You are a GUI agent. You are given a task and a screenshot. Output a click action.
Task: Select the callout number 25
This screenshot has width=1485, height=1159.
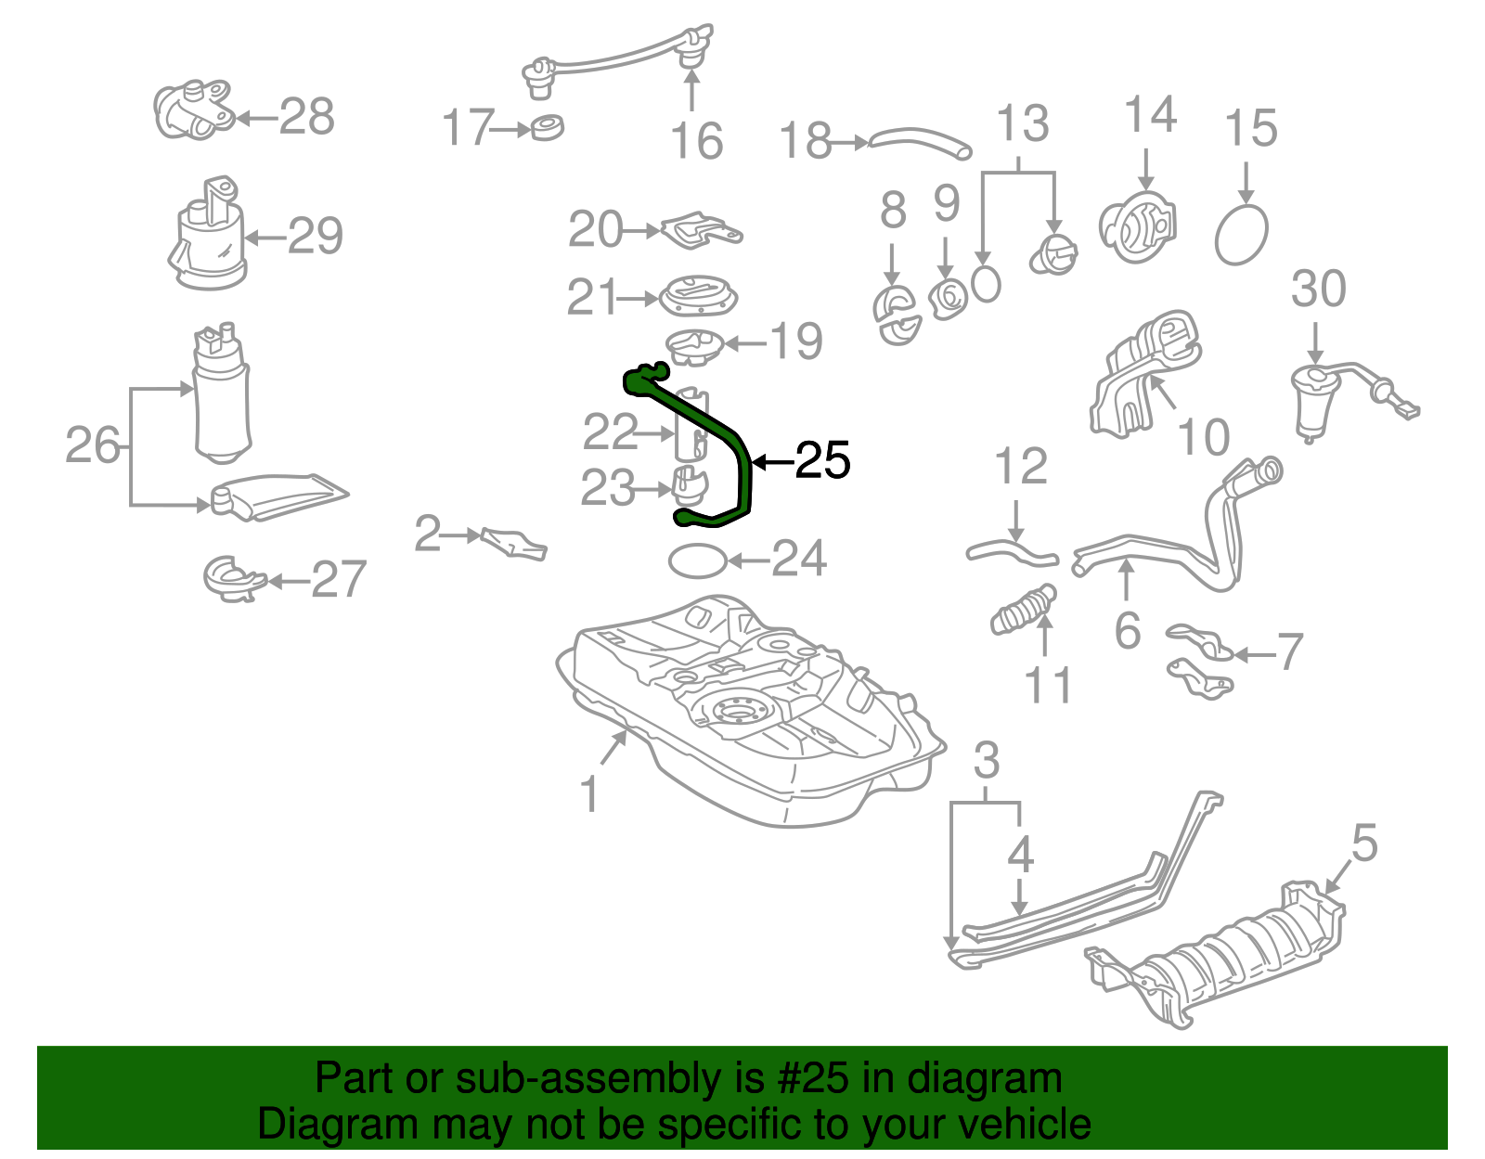click(822, 460)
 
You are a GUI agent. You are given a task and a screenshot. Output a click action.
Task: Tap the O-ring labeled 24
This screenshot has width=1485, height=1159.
click(697, 560)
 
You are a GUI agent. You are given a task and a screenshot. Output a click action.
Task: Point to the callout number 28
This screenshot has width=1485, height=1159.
click(306, 117)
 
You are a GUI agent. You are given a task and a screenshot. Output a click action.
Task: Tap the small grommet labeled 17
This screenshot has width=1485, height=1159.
click(548, 127)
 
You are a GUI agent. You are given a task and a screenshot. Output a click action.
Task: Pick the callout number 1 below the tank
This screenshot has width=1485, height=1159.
click(590, 795)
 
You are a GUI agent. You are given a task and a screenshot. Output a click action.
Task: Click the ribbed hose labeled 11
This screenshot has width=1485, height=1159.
click(1023, 610)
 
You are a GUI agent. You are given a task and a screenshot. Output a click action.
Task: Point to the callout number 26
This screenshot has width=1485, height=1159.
click(93, 445)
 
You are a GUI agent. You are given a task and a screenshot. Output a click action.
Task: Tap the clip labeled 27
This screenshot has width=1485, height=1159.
click(230, 579)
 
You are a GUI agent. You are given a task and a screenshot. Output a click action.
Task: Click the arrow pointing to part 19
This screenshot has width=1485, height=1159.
click(745, 343)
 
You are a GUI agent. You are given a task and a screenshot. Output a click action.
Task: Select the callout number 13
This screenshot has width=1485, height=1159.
click(1022, 123)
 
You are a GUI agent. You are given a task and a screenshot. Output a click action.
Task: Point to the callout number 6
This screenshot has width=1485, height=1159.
click(1127, 631)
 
